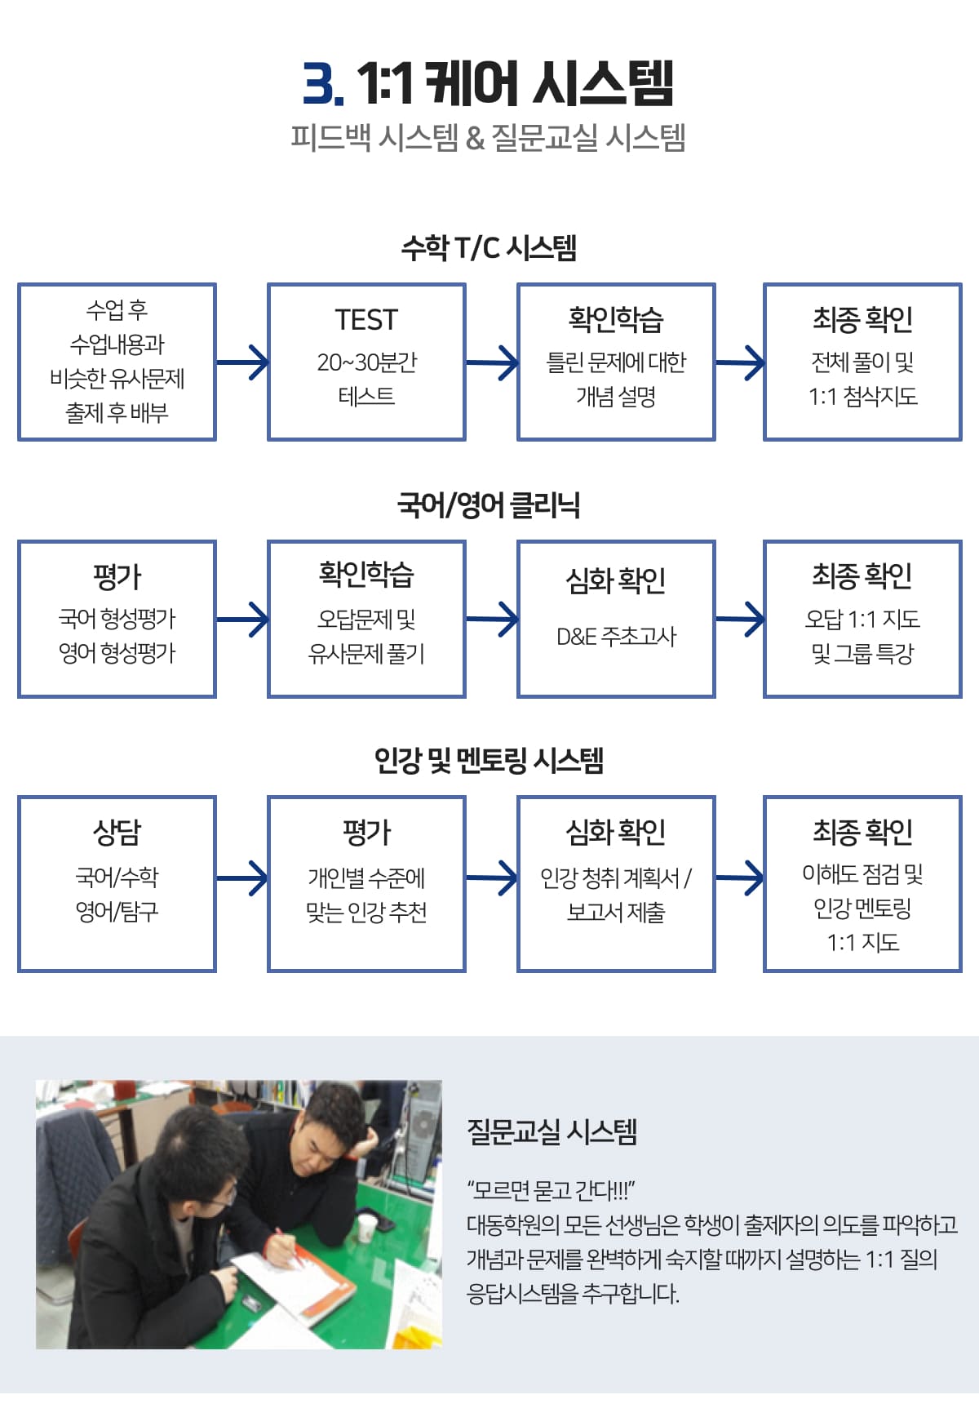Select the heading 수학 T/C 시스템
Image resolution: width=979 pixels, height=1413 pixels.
click(489, 247)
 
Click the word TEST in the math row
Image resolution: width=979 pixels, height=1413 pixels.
click(366, 320)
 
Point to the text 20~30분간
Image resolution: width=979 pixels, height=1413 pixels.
click(366, 362)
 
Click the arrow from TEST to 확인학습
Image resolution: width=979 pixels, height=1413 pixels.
click(492, 362)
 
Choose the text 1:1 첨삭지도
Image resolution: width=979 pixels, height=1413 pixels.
click(862, 397)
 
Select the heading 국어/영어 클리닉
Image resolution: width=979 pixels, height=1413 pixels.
click(489, 504)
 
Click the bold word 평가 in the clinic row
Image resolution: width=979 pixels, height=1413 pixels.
click(117, 577)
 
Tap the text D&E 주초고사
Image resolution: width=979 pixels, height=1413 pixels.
click(616, 637)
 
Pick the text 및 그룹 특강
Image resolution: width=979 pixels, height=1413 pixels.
click(862, 654)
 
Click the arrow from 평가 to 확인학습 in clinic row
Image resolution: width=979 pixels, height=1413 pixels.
click(242, 620)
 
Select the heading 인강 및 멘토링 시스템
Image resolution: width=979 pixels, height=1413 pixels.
click(489, 760)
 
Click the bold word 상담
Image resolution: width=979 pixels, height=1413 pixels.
click(117, 833)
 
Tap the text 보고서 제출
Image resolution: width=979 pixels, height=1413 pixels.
click(616, 912)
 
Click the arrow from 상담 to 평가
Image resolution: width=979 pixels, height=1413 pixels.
click(242, 878)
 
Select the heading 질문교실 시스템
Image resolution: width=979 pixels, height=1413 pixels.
click(552, 1132)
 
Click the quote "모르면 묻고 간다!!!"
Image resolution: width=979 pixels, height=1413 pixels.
click(551, 1190)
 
